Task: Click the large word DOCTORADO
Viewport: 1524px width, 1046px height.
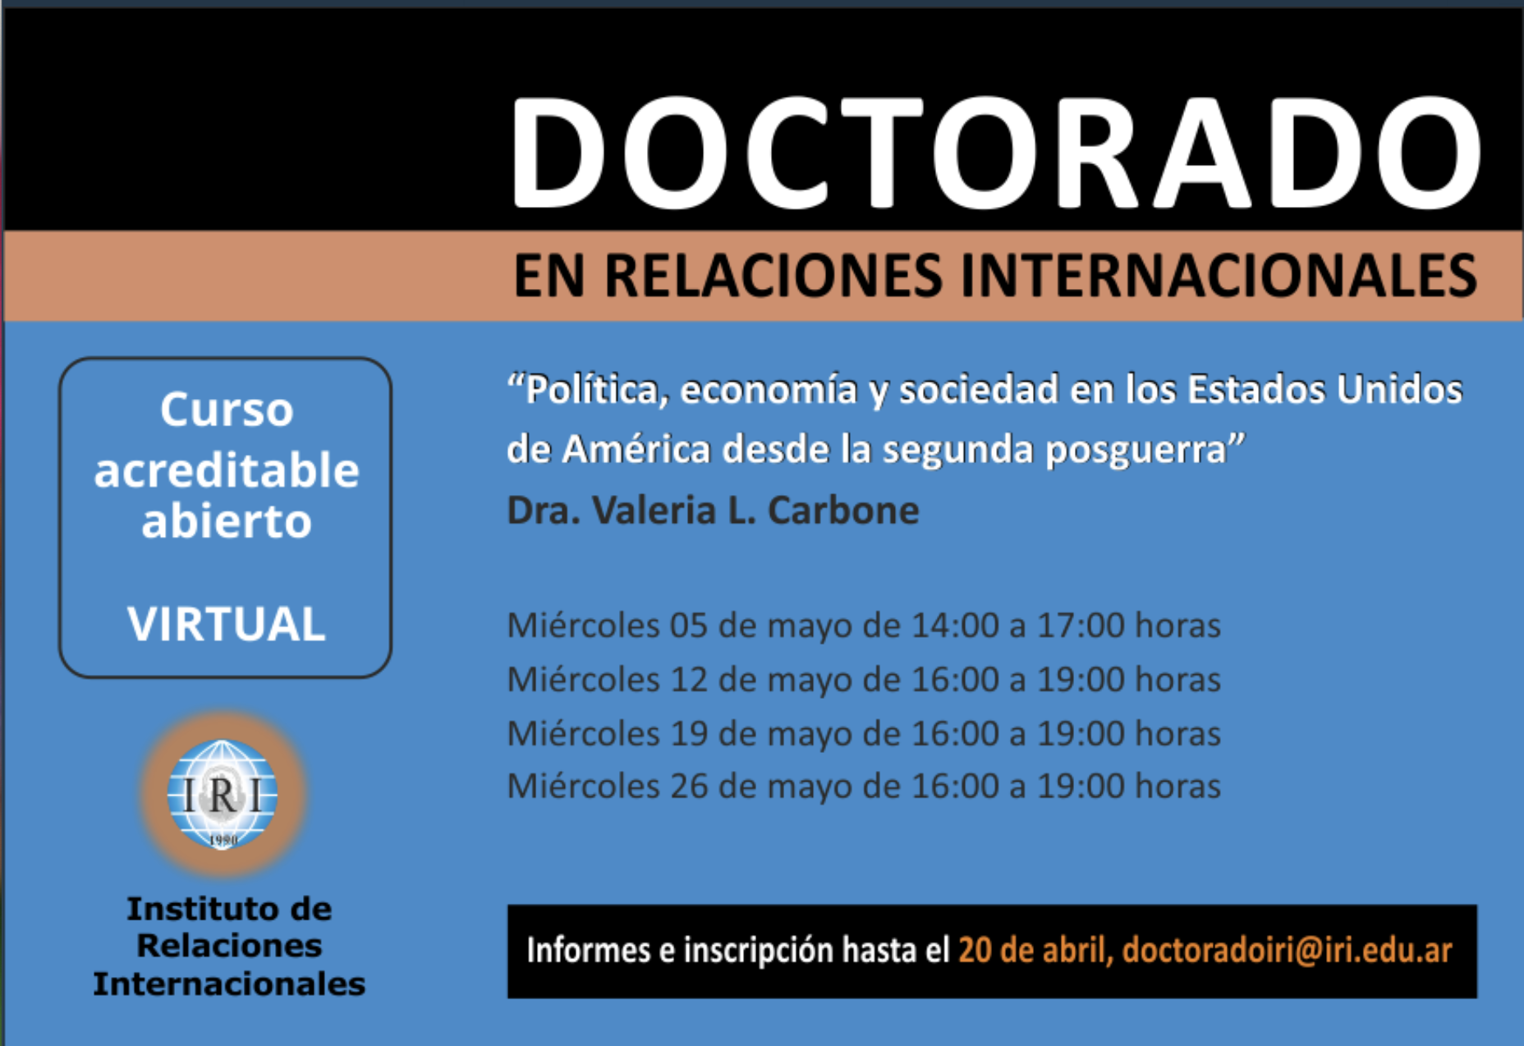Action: pos(995,153)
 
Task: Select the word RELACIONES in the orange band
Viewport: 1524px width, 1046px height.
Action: pos(773,276)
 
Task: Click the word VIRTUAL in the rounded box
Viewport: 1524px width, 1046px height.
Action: pos(226,624)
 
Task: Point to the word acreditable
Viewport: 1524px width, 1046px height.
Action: pos(227,470)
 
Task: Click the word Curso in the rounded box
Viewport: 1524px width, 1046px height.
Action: pos(227,409)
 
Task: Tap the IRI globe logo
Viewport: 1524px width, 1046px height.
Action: pos(223,793)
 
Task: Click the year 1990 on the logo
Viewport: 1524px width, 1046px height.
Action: pos(223,840)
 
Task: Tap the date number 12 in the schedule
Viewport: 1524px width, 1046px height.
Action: pos(689,680)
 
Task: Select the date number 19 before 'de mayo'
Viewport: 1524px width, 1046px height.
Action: pos(689,733)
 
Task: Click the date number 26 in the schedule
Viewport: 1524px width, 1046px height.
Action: pos(689,787)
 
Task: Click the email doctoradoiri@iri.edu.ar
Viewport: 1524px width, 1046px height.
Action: pos(1287,950)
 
